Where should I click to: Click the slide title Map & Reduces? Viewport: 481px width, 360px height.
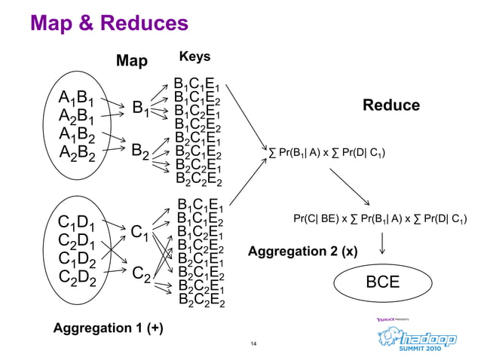(109, 23)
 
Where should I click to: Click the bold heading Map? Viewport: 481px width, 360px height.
(131, 60)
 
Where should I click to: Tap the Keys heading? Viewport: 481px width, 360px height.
(195, 57)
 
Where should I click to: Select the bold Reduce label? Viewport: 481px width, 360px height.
(391, 105)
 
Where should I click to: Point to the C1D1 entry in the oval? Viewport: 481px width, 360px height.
(76, 223)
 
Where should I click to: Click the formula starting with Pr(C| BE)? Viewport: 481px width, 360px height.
(379, 219)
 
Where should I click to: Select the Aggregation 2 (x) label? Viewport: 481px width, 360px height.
(302, 251)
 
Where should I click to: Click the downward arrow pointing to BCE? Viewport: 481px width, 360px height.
(383, 243)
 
